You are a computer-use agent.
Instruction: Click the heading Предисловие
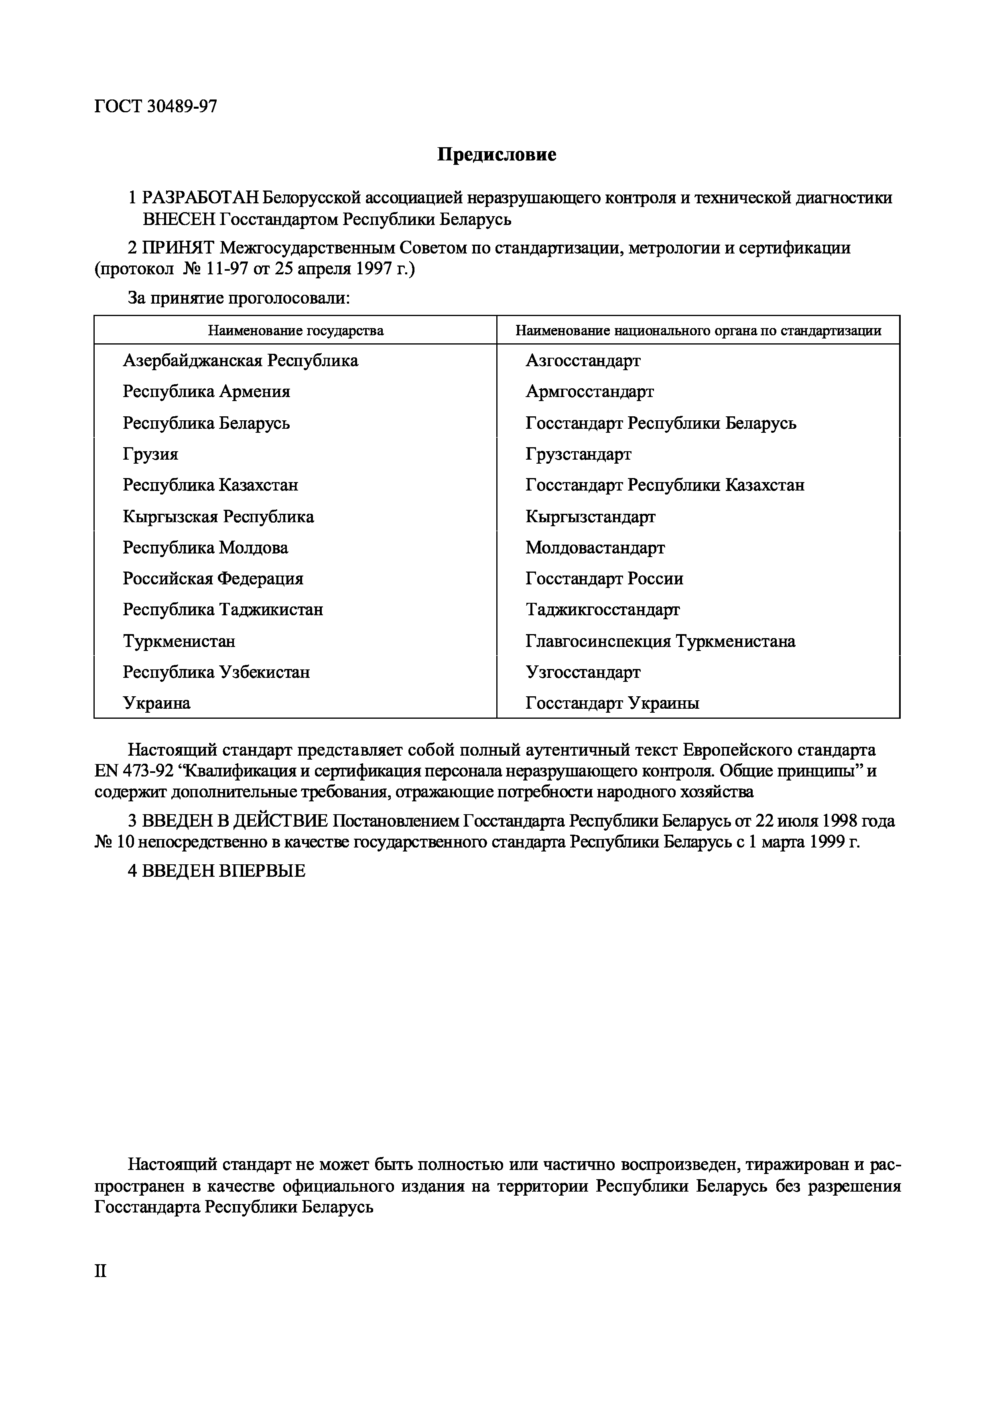point(497,154)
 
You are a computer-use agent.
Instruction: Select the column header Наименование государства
point(296,331)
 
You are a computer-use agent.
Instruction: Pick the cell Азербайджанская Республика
point(240,360)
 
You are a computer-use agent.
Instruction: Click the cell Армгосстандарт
point(589,391)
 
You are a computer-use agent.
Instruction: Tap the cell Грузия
point(150,454)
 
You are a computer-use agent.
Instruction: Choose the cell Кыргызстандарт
point(590,517)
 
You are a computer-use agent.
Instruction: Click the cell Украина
point(156,703)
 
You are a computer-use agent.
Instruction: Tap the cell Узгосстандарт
point(583,672)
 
